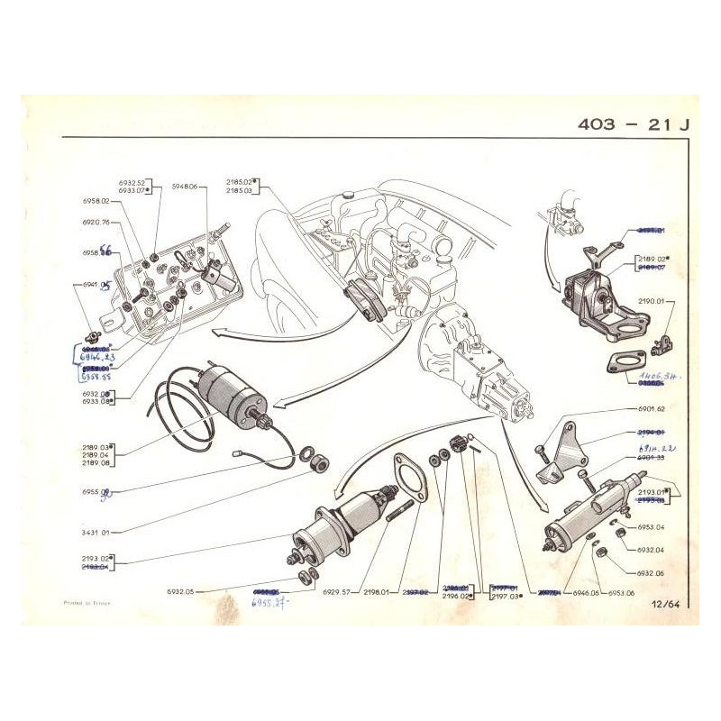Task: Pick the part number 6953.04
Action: click(x=648, y=526)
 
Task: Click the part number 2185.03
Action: click(x=239, y=191)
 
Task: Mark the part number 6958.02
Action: click(x=94, y=201)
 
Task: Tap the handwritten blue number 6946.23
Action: click(x=98, y=357)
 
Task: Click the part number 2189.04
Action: click(x=94, y=455)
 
